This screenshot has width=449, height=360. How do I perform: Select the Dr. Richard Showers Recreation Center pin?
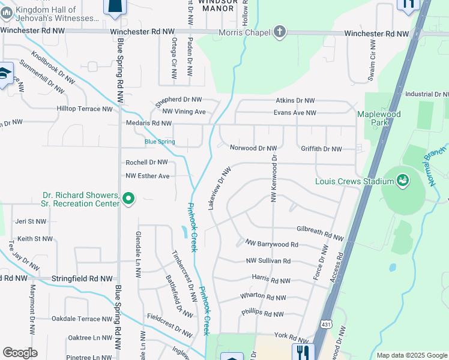[x=128, y=198]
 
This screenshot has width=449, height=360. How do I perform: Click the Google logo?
[x=20, y=353]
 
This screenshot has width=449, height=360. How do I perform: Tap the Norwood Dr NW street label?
[x=253, y=148]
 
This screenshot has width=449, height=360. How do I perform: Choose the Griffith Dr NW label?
[x=319, y=149]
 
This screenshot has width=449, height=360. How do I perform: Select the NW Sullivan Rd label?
[x=268, y=261]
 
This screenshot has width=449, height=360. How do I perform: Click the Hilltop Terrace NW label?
[x=84, y=109]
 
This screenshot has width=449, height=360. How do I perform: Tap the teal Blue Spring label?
[x=160, y=142]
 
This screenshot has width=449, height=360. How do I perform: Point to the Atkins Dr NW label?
[x=295, y=101]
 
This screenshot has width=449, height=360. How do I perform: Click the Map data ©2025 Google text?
[x=412, y=355]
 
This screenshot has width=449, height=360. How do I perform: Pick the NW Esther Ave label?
[x=148, y=176]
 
